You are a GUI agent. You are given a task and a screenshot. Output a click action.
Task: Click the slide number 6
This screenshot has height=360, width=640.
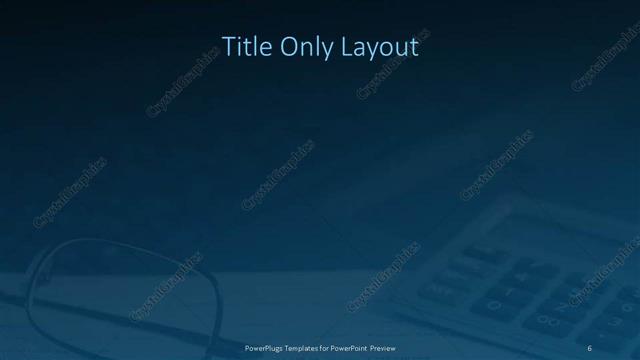pos(590,346)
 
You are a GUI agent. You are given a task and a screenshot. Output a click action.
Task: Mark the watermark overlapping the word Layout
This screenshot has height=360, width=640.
pos(389,55)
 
